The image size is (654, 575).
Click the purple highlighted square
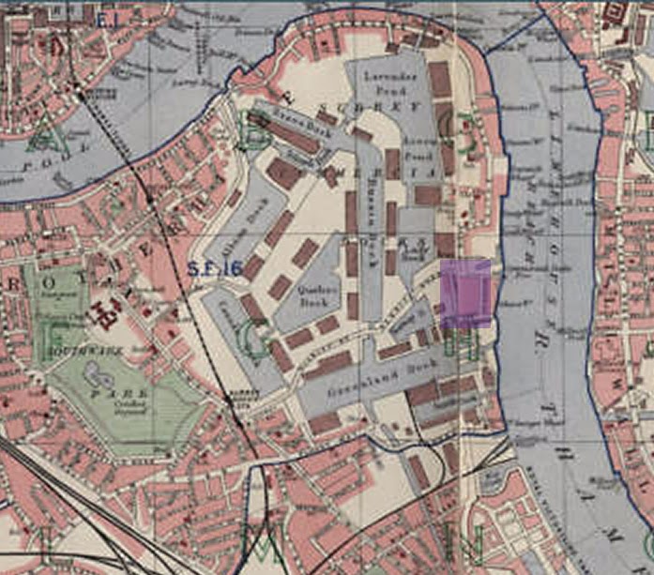tap(466, 293)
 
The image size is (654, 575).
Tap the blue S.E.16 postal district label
tap(215, 269)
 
